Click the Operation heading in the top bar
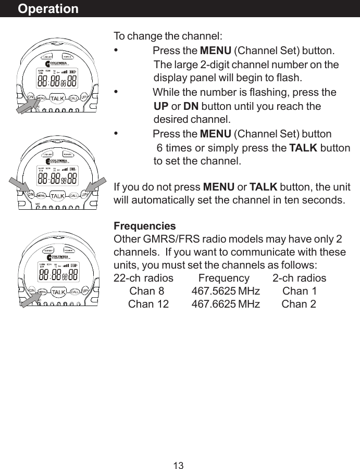click(48, 9)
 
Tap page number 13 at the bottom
click(179, 465)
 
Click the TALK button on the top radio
click(57, 98)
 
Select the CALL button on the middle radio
click(73, 195)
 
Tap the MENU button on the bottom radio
click(42, 291)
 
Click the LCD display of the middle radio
click(57, 176)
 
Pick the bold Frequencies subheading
click(145, 227)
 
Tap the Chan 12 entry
click(148, 304)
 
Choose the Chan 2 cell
click(299, 304)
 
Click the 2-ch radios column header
click(299, 278)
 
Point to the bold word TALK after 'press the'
click(303, 147)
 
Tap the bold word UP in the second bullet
click(161, 106)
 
